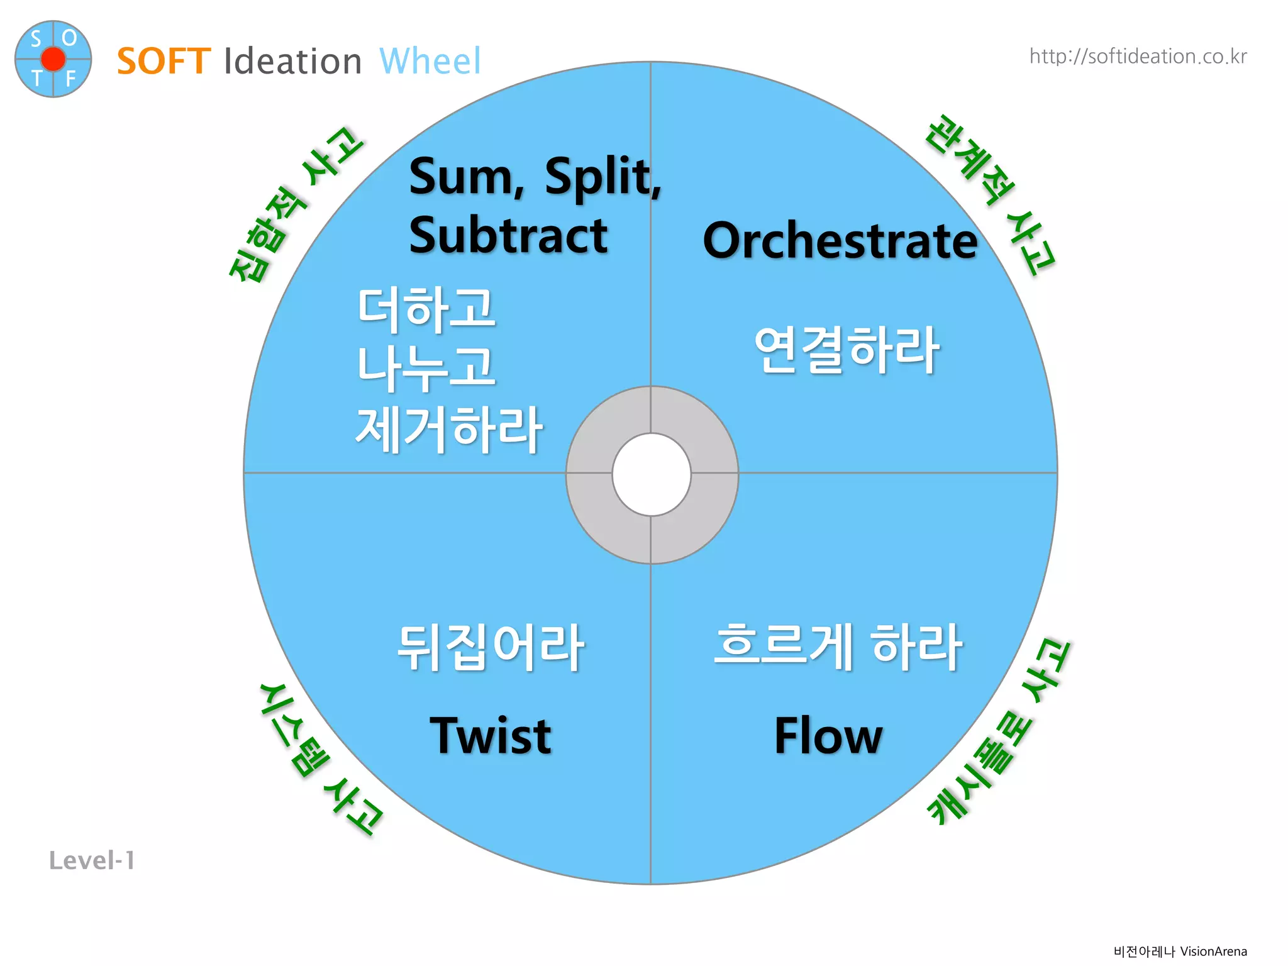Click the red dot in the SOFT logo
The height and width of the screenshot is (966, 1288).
click(x=53, y=59)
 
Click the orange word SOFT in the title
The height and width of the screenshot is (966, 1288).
click(x=164, y=62)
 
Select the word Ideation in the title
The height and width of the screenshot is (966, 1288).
click(x=292, y=62)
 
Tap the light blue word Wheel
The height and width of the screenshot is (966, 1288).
click(x=430, y=62)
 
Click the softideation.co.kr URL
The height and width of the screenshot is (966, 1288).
click(x=1138, y=57)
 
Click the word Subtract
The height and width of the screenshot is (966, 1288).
click(x=508, y=236)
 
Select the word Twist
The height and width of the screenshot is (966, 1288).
click(x=491, y=736)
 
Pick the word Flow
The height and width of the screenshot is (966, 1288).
click(x=828, y=736)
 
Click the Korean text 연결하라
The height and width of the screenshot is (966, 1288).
click(x=847, y=350)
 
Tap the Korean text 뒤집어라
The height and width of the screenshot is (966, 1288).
click(x=491, y=648)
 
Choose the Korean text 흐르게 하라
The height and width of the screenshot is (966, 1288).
click(x=838, y=647)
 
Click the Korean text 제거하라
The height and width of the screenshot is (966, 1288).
click(x=449, y=429)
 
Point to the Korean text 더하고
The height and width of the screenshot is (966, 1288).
click(x=426, y=309)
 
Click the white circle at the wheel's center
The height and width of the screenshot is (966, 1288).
click(x=652, y=474)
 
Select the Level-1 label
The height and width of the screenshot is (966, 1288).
click(x=92, y=860)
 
